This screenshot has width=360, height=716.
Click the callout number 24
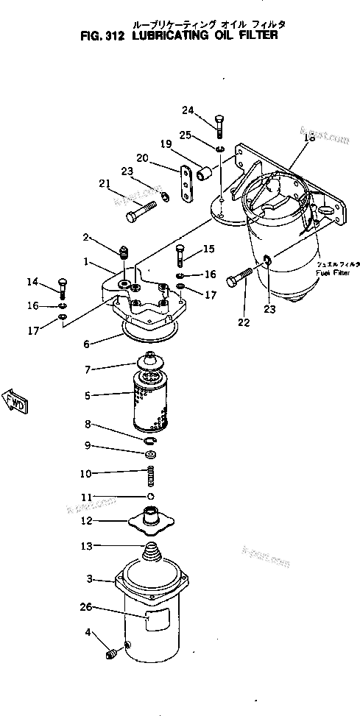188,110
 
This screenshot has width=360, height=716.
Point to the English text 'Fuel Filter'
330,272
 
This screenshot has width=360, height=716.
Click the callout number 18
308,138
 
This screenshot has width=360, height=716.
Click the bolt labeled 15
179,258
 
